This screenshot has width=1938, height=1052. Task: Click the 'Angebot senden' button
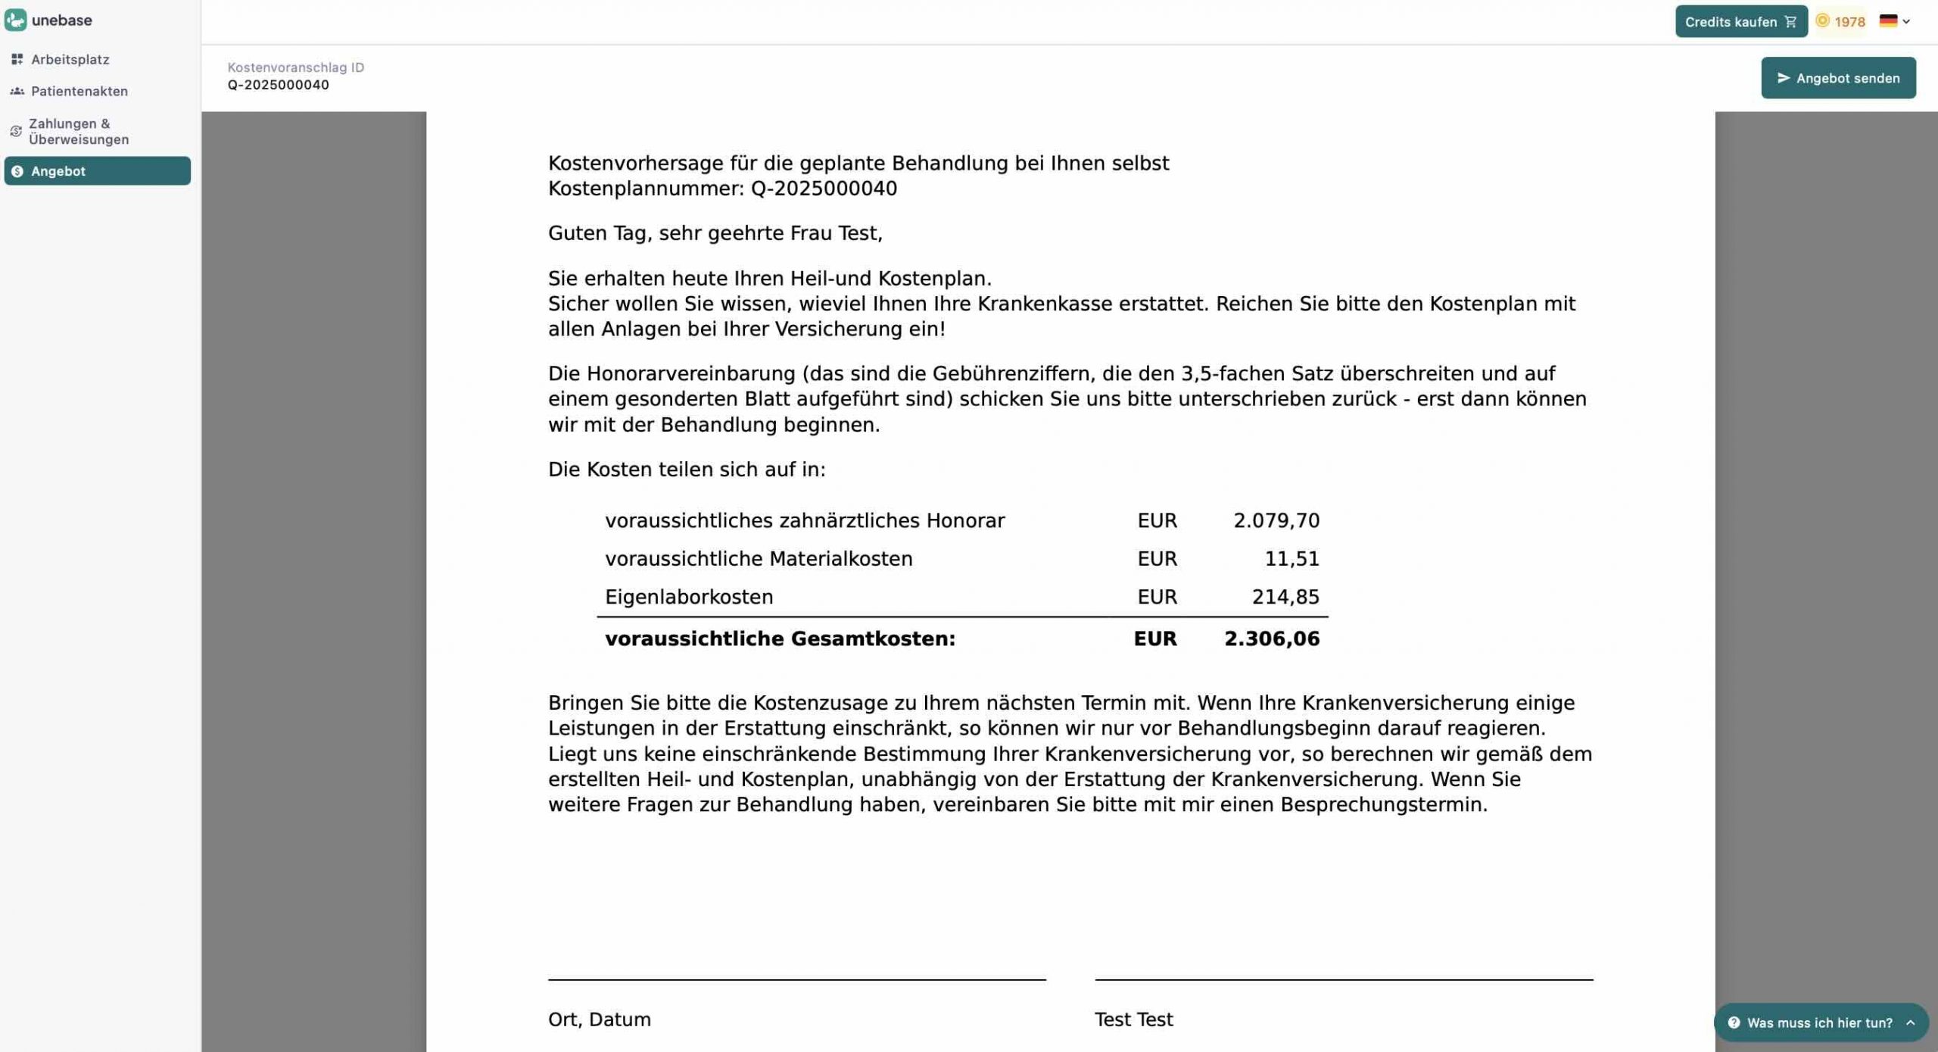click(1837, 78)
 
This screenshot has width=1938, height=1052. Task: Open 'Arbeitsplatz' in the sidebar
click(70, 59)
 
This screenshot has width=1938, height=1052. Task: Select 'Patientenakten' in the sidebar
click(79, 91)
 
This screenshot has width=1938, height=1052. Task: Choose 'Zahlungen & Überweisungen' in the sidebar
click(79, 131)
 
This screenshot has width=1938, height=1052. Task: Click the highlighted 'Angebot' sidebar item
click(97, 171)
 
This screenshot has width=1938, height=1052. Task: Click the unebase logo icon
click(16, 20)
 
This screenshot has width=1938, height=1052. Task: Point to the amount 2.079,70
click(1276, 521)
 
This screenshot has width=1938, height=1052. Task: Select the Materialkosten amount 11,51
click(1291, 559)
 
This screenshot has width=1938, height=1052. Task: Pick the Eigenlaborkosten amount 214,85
click(1285, 598)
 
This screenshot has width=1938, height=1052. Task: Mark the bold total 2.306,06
click(1271, 639)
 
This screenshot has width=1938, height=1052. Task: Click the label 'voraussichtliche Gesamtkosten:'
click(780, 639)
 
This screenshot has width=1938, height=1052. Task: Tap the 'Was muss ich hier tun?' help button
click(1819, 1022)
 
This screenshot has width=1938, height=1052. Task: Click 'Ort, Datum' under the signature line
click(599, 1019)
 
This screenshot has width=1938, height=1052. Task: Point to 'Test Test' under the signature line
click(1133, 1019)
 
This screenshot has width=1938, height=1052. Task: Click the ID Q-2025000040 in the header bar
click(278, 85)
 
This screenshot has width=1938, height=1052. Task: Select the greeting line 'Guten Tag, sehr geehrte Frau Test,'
click(715, 233)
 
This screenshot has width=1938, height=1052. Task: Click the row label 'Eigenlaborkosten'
click(689, 598)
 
